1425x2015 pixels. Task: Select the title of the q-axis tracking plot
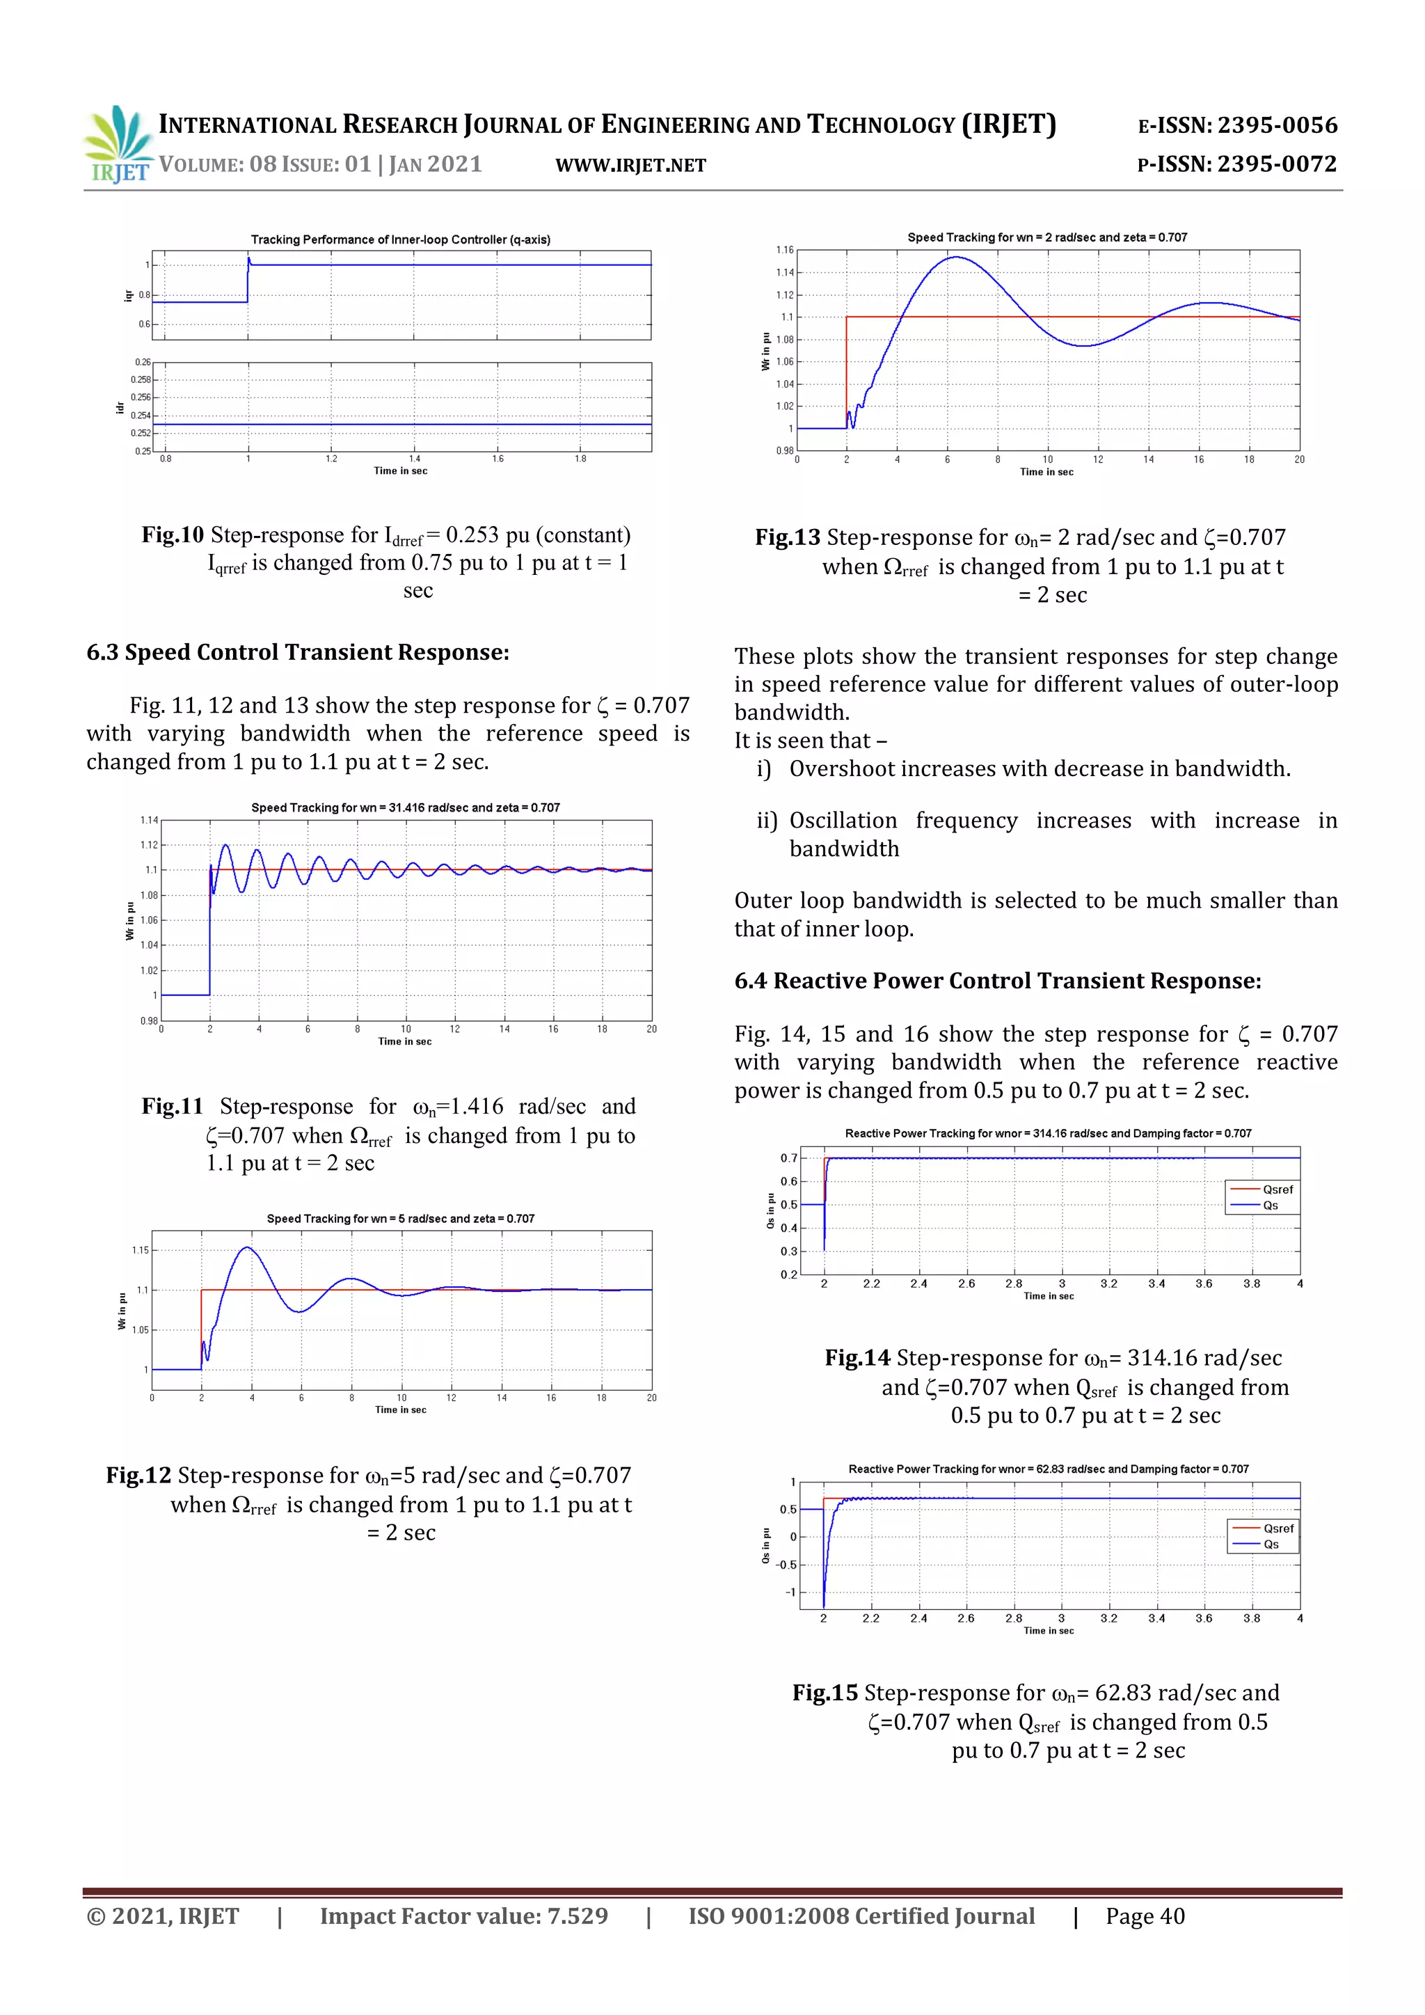tap(400, 239)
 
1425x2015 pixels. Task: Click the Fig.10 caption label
tap(172, 535)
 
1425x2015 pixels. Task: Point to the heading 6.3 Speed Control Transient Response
tap(298, 652)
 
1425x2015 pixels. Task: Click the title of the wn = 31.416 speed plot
tap(406, 807)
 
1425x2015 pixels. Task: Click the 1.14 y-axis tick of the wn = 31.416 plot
tap(148, 820)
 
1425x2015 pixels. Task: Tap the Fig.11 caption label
tap(172, 1107)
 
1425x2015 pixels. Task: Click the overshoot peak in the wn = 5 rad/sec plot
tap(248, 1247)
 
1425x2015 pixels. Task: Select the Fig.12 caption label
tap(138, 1476)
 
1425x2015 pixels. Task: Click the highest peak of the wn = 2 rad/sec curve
tap(955, 257)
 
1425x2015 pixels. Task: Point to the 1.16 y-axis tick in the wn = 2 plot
tap(783, 250)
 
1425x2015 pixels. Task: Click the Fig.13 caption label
tap(787, 537)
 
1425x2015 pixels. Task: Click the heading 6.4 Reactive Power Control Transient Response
tap(997, 981)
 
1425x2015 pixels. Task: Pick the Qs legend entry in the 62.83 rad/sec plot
tap(1270, 1544)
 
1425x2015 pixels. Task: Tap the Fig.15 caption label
tap(824, 1693)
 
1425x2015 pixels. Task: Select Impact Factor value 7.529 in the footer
tap(463, 1917)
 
